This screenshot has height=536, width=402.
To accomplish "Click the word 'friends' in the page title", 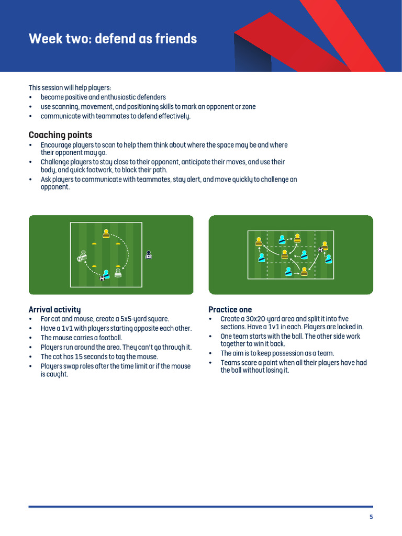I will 176,39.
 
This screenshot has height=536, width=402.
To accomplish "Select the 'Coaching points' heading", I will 60,135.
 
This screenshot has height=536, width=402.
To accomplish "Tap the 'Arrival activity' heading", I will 54,309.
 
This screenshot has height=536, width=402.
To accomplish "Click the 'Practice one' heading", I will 230,309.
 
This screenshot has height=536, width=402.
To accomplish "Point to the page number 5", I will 371,517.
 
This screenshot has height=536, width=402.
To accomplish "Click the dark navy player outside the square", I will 149,255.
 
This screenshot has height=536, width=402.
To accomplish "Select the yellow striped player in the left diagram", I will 106,234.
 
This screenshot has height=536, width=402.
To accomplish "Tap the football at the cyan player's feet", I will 102,278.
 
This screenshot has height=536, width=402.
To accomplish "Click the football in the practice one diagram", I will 320,250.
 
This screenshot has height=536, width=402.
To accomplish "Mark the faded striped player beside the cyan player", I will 118,272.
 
